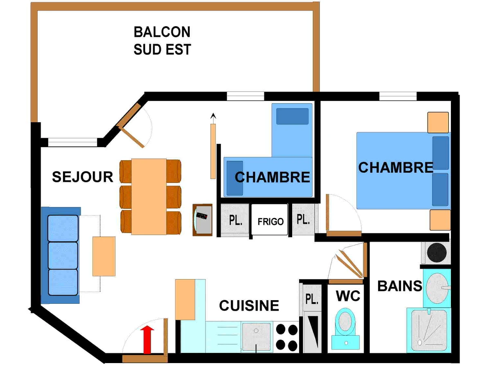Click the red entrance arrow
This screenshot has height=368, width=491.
coord(147,339)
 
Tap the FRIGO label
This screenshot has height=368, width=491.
coord(270,222)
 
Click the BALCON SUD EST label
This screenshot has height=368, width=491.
coord(162,40)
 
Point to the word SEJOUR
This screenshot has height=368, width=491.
coord(83,177)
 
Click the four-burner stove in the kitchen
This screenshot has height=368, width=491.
coord(287,337)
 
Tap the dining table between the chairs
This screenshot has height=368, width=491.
coord(149,196)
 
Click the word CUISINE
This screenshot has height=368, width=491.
coord(249,305)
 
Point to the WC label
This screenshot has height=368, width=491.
coord(348,295)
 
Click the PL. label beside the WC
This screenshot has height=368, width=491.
coord(312,299)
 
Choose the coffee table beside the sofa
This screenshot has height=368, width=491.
coord(104,256)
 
